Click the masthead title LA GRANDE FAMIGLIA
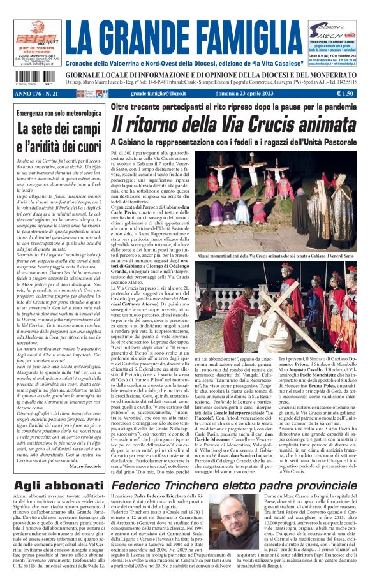[184, 37]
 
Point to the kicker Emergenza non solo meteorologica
[56, 114]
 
